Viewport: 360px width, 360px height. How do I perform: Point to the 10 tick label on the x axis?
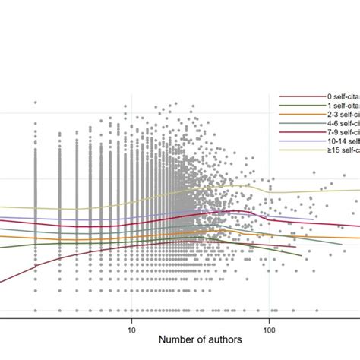(x=131, y=330)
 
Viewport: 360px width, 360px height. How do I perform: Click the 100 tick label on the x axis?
(x=270, y=330)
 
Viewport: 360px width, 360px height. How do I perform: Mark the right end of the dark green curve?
(x=302, y=255)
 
